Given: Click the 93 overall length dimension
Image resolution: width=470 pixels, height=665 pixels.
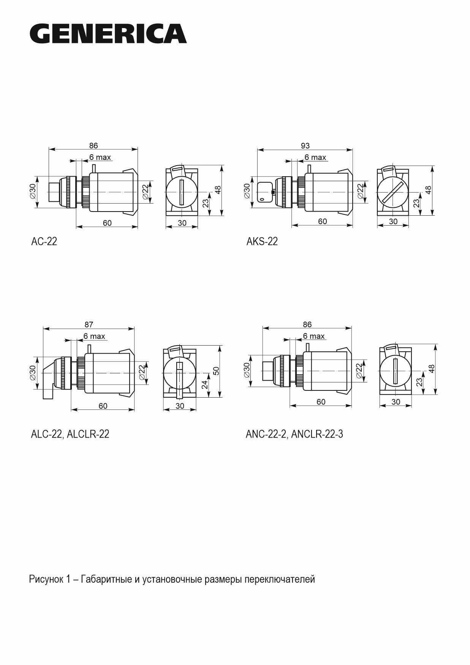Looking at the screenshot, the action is (305, 145).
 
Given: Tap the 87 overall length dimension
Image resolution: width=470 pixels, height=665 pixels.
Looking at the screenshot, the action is (89, 324).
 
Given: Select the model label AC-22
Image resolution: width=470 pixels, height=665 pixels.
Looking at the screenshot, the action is (44, 241).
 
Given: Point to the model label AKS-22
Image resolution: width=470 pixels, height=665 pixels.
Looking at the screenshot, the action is (262, 241).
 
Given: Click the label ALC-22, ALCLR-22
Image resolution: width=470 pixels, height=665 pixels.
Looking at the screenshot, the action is (70, 434).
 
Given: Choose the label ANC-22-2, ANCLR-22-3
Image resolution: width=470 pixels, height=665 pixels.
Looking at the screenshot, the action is (294, 434).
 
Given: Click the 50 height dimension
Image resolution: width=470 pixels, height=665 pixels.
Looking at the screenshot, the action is (216, 371).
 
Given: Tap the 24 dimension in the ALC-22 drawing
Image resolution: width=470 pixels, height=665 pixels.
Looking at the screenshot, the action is (205, 385).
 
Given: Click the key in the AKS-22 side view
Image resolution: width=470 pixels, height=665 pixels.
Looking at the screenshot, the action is (265, 193).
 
